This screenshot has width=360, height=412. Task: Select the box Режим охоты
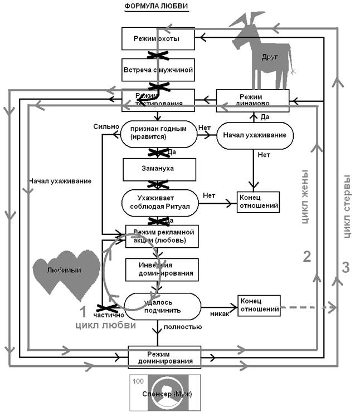coord(159,39)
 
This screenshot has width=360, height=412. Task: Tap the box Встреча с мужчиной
coord(159,70)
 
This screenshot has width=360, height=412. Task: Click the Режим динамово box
coord(252,99)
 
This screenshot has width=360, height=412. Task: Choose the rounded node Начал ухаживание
coord(254,135)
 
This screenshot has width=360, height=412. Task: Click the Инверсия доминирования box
coord(159,269)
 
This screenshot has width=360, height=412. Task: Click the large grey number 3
coord(345,268)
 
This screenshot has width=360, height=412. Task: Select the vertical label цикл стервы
coord(347,206)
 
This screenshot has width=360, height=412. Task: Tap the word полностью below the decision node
coord(183,327)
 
